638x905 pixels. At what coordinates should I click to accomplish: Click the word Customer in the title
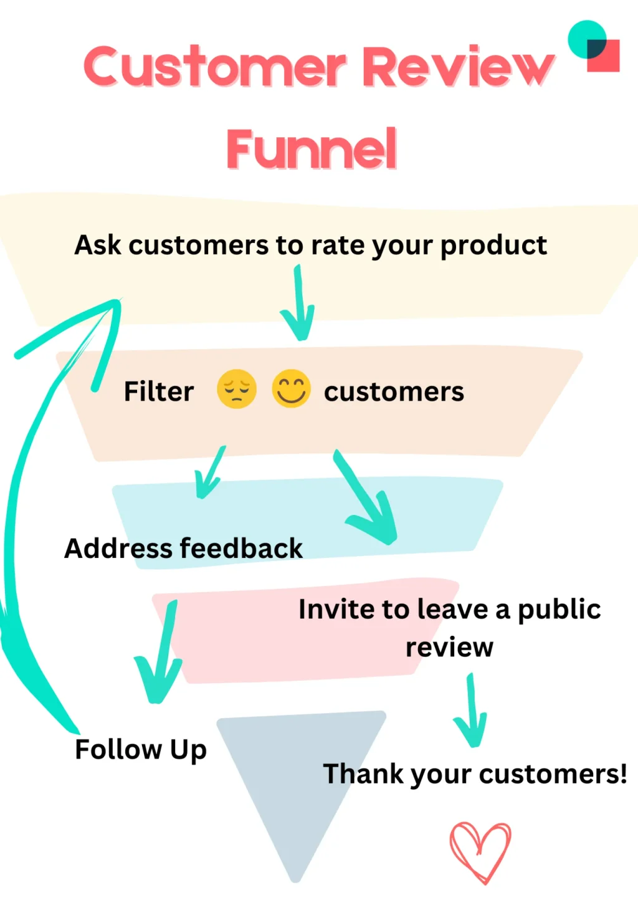[x=214, y=67]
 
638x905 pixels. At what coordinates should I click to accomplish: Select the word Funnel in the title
[x=312, y=149]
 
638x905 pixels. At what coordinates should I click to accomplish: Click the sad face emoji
[x=236, y=389]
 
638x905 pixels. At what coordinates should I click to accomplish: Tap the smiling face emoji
[x=291, y=389]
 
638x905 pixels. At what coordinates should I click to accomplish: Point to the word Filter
[x=159, y=392]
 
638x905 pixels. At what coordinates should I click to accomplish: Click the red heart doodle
[x=480, y=851]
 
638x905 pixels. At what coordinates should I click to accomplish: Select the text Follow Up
[x=141, y=750]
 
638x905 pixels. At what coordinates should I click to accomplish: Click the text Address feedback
[x=183, y=548]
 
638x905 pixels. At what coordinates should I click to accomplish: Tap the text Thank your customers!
[x=475, y=774]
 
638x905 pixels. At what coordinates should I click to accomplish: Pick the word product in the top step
[x=493, y=246]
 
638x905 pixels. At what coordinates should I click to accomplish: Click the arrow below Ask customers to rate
[x=298, y=305]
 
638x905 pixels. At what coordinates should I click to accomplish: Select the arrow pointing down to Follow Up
[x=159, y=654]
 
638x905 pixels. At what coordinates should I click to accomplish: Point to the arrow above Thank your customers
[x=471, y=711]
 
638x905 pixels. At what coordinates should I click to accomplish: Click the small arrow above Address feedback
[x=210, y=474]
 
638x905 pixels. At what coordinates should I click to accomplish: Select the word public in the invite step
[x=559, y=610]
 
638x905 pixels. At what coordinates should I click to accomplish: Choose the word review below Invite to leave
[x=449, y=648]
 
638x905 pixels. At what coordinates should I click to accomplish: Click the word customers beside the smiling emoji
[x=394, y=392]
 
